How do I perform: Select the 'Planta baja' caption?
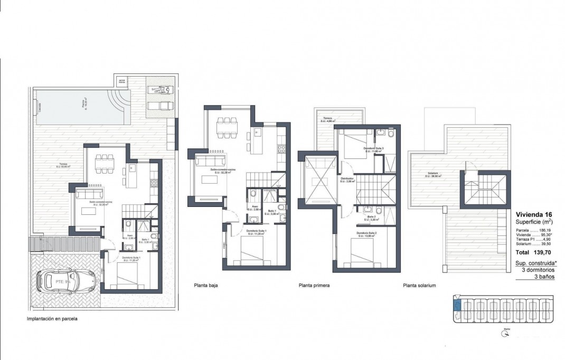[206, 286]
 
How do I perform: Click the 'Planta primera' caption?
[314, 286]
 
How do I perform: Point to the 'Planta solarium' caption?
[419, 286]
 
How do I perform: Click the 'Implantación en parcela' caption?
[55, 319]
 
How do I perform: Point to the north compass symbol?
[506, 333]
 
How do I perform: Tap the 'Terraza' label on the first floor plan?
[327, 119]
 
